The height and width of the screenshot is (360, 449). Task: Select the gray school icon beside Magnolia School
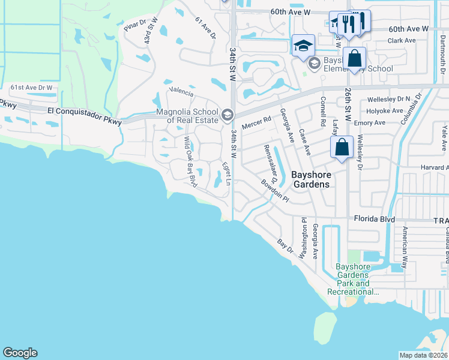pos(227,114)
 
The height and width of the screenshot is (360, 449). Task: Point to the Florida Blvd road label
pos(374,220)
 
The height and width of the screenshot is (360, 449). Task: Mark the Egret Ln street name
pos(226,173)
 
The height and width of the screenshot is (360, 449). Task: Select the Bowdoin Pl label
pos(275,191)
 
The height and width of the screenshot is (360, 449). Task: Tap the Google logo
pos(20,353)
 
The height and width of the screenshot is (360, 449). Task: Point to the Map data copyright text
pos(424,355)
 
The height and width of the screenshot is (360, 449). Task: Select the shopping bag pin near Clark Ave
pos(355,59)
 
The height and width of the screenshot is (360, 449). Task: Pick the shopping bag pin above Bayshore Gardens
pos(341,147)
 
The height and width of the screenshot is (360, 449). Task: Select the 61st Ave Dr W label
pos(32,88)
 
